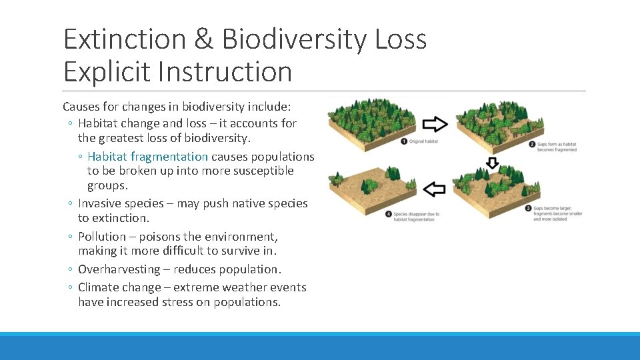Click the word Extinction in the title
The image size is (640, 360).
tap(125, 39)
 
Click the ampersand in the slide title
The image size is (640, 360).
tap(203, 39)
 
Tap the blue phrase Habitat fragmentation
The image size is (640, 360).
tap(147, 157)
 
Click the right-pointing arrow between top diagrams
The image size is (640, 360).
tap(436, 124)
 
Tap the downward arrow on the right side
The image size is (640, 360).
tap(492, 163)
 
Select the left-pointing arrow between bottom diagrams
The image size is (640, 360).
tap(435, 189)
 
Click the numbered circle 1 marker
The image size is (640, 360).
tap(404, 141)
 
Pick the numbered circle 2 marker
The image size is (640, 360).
tap(532, 144)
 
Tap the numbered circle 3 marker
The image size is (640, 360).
tap(529, 208)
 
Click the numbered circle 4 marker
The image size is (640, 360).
tap(388, 214)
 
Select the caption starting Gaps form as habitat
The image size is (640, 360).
tap(557, 147)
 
